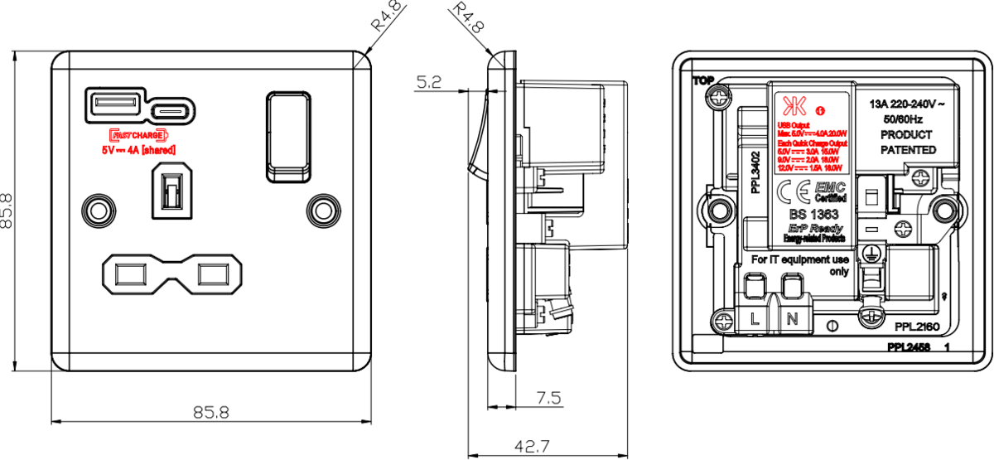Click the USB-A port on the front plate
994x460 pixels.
[x=113, y=105]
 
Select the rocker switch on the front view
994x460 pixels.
[x=290, y=135]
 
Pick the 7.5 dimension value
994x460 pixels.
[x=548, y=399]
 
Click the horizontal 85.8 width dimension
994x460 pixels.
[x=211, y=412]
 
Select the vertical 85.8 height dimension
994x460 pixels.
[x=7, y=211]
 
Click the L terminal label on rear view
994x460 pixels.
[x=755, y=318]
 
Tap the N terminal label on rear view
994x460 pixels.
[x=791, y=318]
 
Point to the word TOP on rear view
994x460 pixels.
[x=702, y=81]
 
